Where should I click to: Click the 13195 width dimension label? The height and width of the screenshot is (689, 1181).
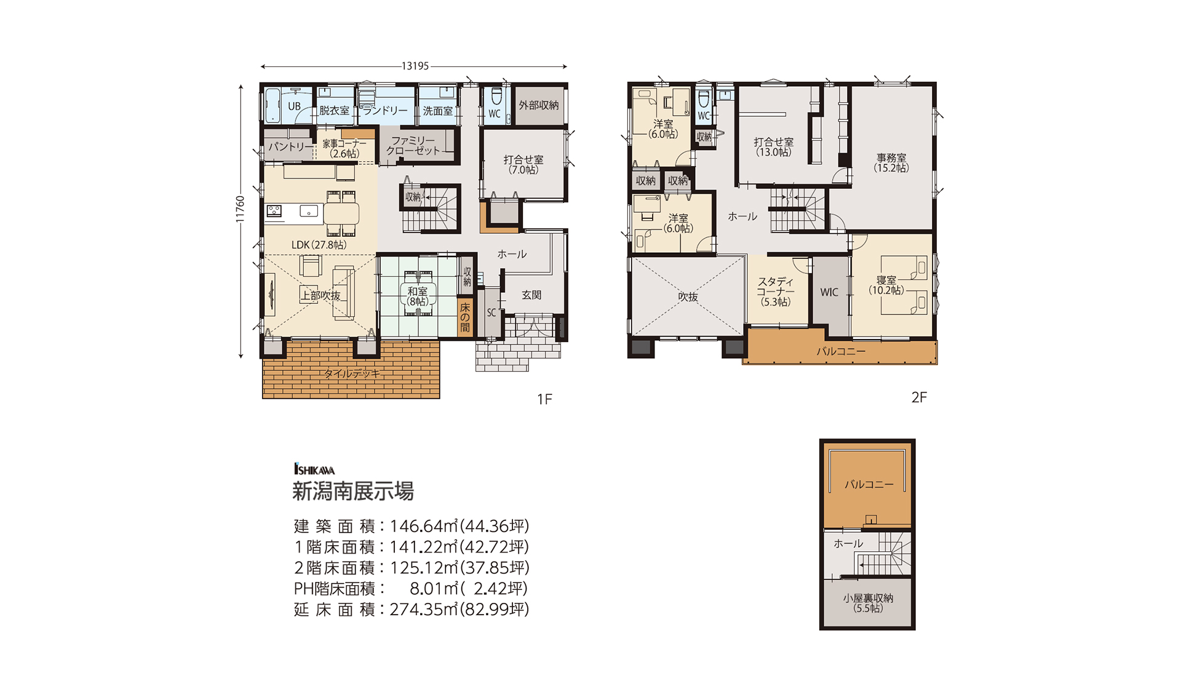[x=415, y=66]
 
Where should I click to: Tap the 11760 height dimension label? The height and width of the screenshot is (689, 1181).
[x=241, y=209]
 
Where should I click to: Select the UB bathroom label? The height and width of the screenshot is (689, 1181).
[x=295, y=106]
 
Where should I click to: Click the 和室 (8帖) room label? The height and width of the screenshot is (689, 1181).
[x=418, y=297]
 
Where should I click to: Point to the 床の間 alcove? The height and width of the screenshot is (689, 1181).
[x=465, y=317]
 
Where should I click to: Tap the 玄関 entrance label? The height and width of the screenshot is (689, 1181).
[x=531, y=295]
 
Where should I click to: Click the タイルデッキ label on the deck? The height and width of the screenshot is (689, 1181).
[x=352, y=373]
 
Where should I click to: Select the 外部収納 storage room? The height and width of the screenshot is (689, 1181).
[x=539, y=105]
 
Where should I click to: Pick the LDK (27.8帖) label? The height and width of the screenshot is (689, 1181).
[x=319, y=245]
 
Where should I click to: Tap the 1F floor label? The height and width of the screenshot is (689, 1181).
[x=544, y=399]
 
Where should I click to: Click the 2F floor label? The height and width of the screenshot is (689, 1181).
[x=919, y=397]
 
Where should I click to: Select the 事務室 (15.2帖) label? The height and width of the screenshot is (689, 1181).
[x=891, y=163]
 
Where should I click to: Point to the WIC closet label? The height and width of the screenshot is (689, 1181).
[x=829, y=293]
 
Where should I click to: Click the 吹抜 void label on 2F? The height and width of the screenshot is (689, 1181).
[x=688, y=297]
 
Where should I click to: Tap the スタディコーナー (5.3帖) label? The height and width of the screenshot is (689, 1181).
[x=776, y=292]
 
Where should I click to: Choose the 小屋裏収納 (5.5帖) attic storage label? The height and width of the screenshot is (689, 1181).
[x=868, y=603]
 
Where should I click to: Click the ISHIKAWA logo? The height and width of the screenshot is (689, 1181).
[x=314, y=469]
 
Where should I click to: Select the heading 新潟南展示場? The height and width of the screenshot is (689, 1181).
[x=353, y=492]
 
